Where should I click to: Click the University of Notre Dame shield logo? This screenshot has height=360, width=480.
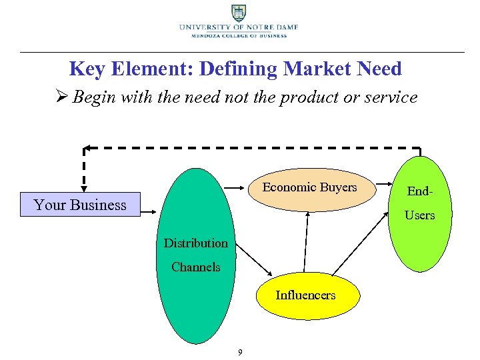(238, 13)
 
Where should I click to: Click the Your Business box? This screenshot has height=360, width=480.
(80, 205)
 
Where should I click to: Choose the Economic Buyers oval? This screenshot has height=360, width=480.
(309, 189)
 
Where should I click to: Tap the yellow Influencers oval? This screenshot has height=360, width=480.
(305, 295)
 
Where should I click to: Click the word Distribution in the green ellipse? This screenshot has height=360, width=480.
(195, 243)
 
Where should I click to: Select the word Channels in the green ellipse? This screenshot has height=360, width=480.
(195, 267)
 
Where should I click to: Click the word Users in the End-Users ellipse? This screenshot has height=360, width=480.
(419, 215)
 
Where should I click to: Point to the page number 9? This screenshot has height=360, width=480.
(240, 352)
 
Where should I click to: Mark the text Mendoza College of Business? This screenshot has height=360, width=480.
(238, 35)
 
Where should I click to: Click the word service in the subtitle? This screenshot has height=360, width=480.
(391, 97)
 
